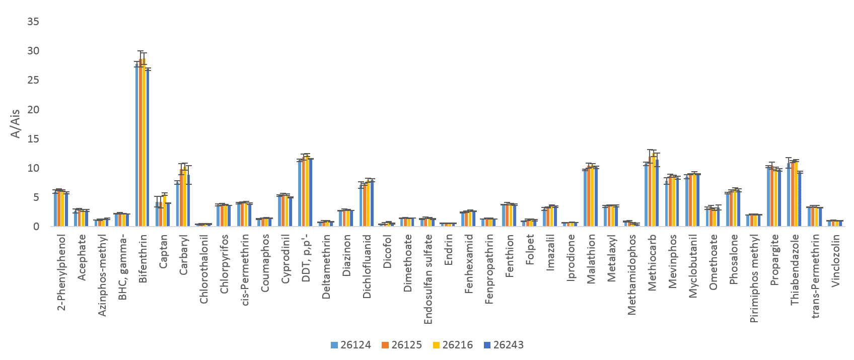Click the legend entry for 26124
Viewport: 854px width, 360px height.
350,345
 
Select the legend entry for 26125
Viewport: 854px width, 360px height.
401,345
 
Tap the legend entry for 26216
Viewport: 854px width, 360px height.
452,345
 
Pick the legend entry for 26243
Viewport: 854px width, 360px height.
503,345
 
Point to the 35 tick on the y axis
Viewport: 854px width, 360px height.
33,22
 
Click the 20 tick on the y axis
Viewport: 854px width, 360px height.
33,110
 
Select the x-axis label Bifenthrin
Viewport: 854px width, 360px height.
143,258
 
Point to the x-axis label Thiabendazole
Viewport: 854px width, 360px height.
795,269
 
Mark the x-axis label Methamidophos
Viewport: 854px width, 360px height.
631,274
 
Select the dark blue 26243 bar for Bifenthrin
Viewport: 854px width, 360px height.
148,149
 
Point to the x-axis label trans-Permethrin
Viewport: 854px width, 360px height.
815,276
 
